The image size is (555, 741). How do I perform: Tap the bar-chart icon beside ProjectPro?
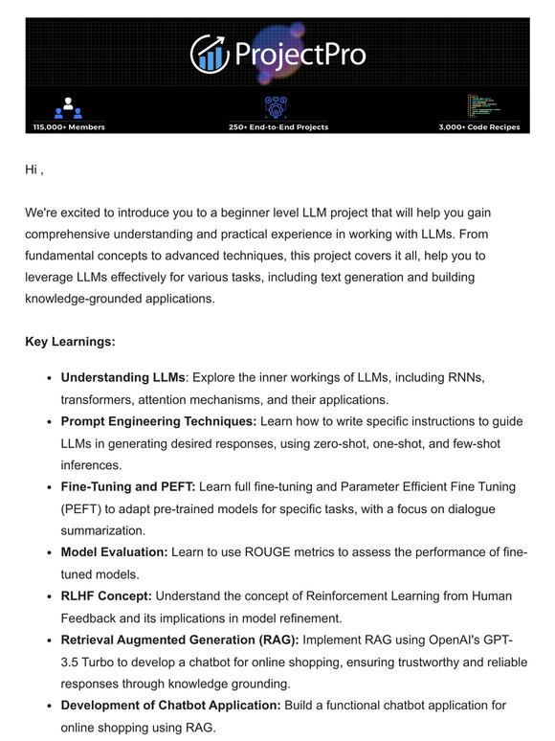210,54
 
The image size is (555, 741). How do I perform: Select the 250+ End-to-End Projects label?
278,127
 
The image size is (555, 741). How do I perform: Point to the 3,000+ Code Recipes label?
485,127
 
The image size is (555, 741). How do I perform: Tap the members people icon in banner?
68,107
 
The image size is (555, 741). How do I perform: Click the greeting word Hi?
33,169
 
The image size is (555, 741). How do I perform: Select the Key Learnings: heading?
69,342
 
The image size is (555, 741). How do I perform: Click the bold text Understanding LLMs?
122,378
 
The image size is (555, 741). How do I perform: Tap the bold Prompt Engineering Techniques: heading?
159,422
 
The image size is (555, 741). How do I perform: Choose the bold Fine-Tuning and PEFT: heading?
128,487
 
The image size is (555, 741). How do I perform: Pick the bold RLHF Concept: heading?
106,596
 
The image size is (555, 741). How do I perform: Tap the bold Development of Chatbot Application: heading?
171,706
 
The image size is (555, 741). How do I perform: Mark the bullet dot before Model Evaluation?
48,553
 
